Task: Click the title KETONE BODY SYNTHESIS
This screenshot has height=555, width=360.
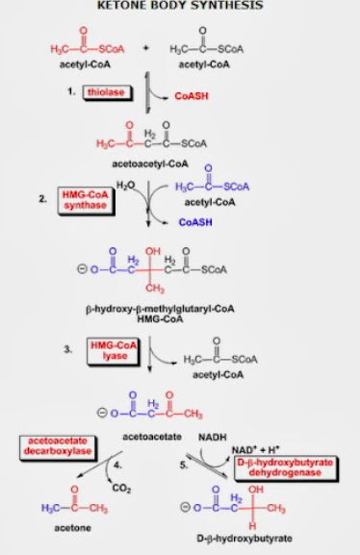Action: (x=180, y=7)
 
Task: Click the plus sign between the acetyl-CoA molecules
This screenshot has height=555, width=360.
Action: (x=146, y=46)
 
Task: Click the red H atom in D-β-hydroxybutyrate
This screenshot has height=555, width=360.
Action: (x=251, y=525)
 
